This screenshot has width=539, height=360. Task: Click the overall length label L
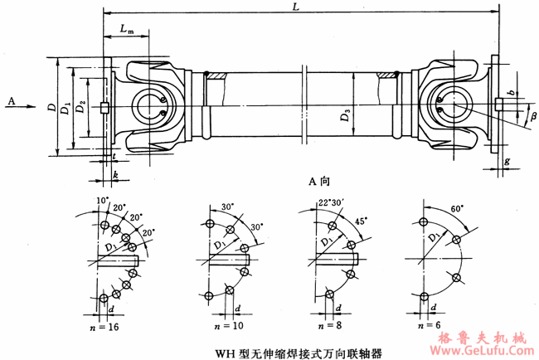(296, 7)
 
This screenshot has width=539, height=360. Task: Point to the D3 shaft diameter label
(345, 116)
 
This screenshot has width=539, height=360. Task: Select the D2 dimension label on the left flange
(81, 108)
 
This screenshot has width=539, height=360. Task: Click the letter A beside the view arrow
(12, 100)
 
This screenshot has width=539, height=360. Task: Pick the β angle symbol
(533, 115)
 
